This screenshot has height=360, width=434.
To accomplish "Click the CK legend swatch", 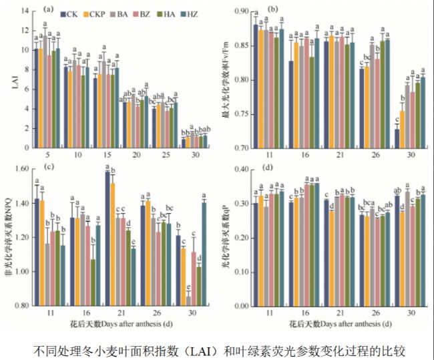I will click(x=63, y=13).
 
